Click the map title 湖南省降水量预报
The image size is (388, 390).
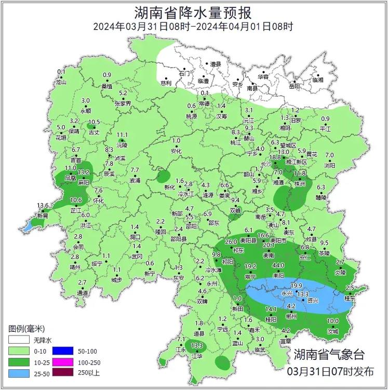[193, 12]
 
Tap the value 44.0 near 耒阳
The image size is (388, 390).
[278, 265]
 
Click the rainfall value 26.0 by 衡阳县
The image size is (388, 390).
[231, 242]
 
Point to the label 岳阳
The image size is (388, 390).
[294, 86]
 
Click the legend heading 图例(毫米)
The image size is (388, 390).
[27, 329]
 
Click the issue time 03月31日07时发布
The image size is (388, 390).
[330, 372]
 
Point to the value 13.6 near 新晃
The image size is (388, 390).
[43, 206]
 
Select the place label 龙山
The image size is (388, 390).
[61, 82]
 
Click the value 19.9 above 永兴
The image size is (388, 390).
[296, 286]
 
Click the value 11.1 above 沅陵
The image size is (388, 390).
[122, 135]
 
